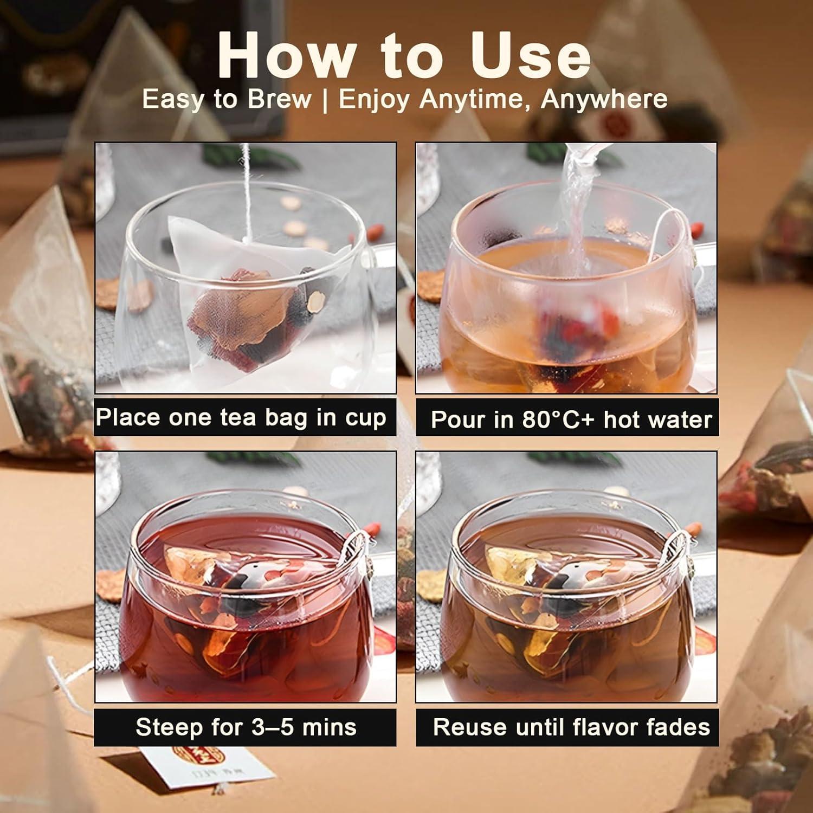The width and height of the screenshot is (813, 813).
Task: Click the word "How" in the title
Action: pos(286,54)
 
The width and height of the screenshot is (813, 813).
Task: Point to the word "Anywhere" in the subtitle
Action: pos(604,100)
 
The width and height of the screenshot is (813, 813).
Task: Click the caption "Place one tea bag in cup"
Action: pos(241,418)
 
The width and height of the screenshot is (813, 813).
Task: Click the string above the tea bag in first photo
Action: pos(246,184)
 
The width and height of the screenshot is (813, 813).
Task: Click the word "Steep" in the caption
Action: pos(169,727)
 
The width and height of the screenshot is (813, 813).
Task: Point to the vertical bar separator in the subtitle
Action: pos(325,100)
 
